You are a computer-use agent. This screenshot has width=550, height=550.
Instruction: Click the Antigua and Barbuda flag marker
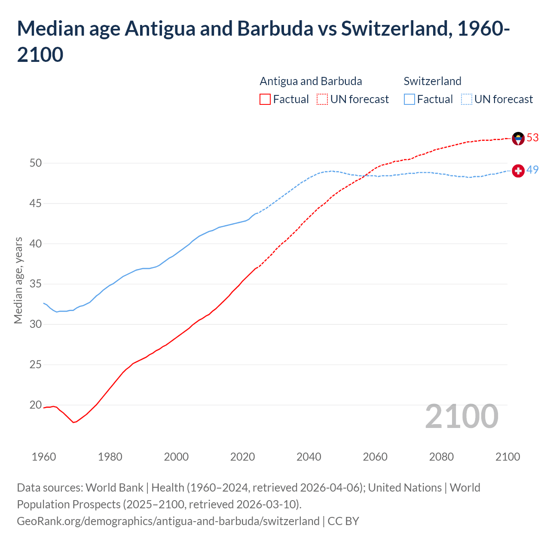(518, 138)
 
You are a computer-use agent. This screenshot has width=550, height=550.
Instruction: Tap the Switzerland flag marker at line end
(518, 171)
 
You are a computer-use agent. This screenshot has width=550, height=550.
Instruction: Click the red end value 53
(533, 137)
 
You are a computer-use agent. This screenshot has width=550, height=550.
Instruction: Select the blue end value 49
(533, 170)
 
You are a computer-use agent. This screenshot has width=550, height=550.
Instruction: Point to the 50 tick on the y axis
(36, 163)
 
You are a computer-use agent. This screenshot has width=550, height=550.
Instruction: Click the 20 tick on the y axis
(36, 405)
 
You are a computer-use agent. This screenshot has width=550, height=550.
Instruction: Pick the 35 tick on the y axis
(36, 284)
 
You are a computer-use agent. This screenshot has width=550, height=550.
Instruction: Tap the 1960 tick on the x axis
(44, 457)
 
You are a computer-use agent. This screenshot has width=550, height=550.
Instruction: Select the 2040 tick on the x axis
(309, 457)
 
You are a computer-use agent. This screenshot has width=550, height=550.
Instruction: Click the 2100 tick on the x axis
(507, 457)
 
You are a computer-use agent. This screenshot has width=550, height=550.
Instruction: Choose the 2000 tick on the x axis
(176, 457)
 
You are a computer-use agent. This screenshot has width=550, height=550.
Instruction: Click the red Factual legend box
(265, 99)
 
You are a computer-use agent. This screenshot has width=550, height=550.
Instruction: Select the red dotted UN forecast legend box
(322, 99)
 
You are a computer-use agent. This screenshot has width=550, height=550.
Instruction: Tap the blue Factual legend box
(409, 99)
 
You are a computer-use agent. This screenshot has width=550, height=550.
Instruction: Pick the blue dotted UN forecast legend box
(466, 99)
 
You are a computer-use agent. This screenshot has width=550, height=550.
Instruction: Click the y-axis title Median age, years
(18, 280)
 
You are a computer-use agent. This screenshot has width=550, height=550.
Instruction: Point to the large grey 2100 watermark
(461, 416)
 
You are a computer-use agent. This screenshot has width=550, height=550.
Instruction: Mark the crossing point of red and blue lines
(365, 175)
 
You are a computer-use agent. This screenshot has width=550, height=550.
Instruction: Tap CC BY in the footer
(343, 521)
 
